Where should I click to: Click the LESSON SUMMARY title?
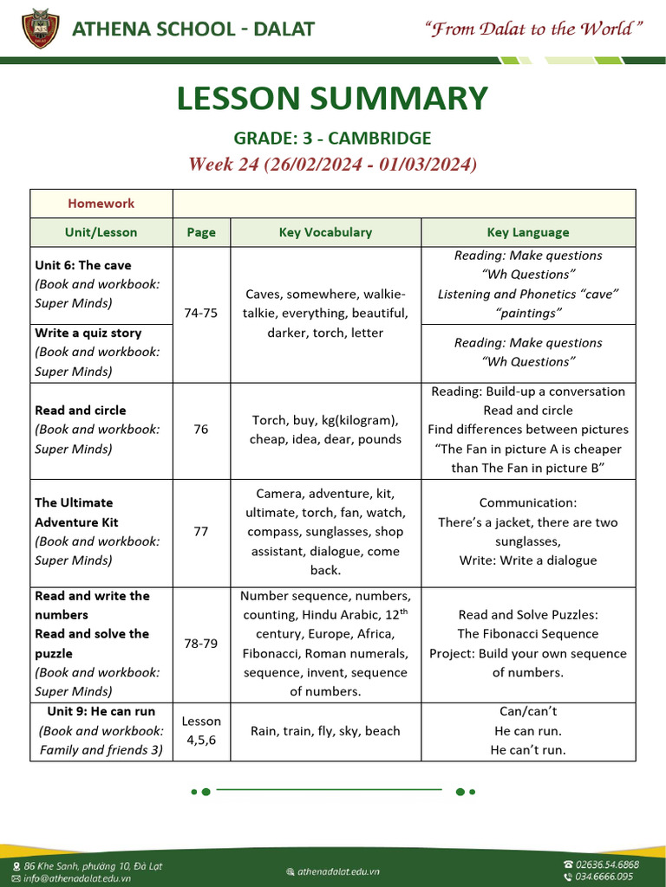(x=332, y=99)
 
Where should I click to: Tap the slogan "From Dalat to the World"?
(x=533, y=29)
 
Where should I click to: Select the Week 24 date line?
(x=332, y=164)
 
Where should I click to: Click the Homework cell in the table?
(x=101, y=204)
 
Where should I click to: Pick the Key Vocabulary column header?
(x=325, y=232)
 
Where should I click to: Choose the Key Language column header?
(x=528, y=232)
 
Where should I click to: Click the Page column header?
(x=201, y=232)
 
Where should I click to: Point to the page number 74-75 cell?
(x=201, y=314)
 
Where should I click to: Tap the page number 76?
(x=201, y=429)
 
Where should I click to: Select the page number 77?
(x=201, y=531)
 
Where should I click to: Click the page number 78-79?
(x=201, y=644)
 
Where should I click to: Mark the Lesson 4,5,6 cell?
(x=201, y=731)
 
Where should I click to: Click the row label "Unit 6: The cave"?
(x=83, y=265)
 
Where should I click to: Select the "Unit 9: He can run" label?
(x=101, y=712)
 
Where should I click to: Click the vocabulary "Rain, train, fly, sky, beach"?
(x=325, y=731)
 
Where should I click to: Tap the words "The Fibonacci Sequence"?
(x=528, y=634)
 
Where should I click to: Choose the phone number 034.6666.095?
(x=604, y=877)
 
